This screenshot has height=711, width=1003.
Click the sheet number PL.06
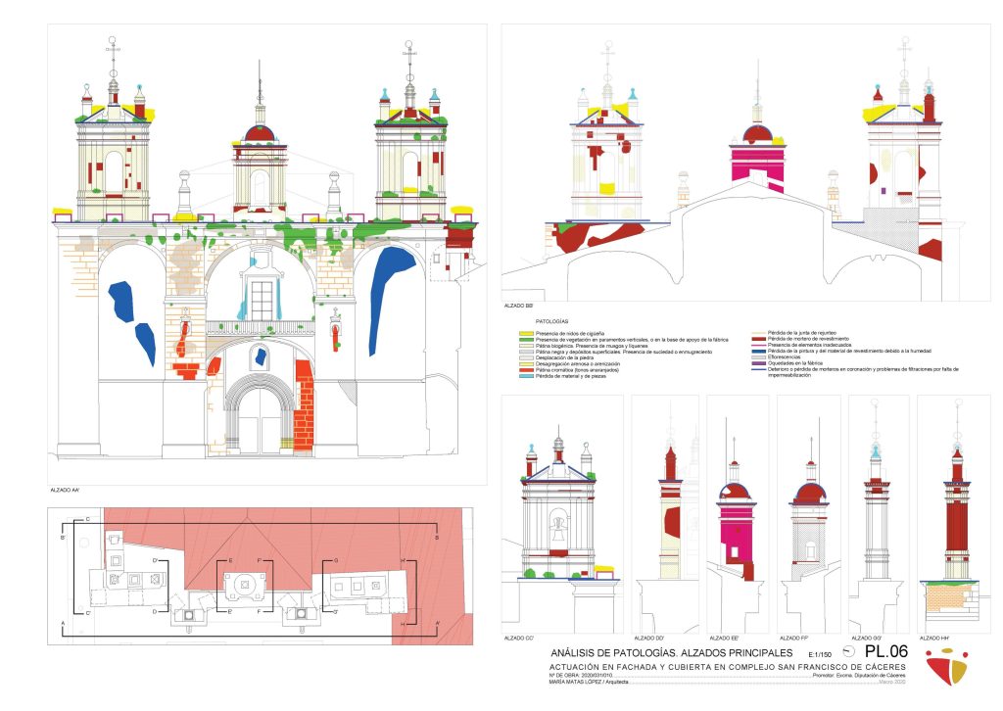886,651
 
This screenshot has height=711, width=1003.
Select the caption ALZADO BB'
520,307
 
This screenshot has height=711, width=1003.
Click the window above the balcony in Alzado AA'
262,300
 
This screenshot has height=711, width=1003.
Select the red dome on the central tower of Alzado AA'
260,133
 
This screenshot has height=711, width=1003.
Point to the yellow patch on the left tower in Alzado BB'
607,187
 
